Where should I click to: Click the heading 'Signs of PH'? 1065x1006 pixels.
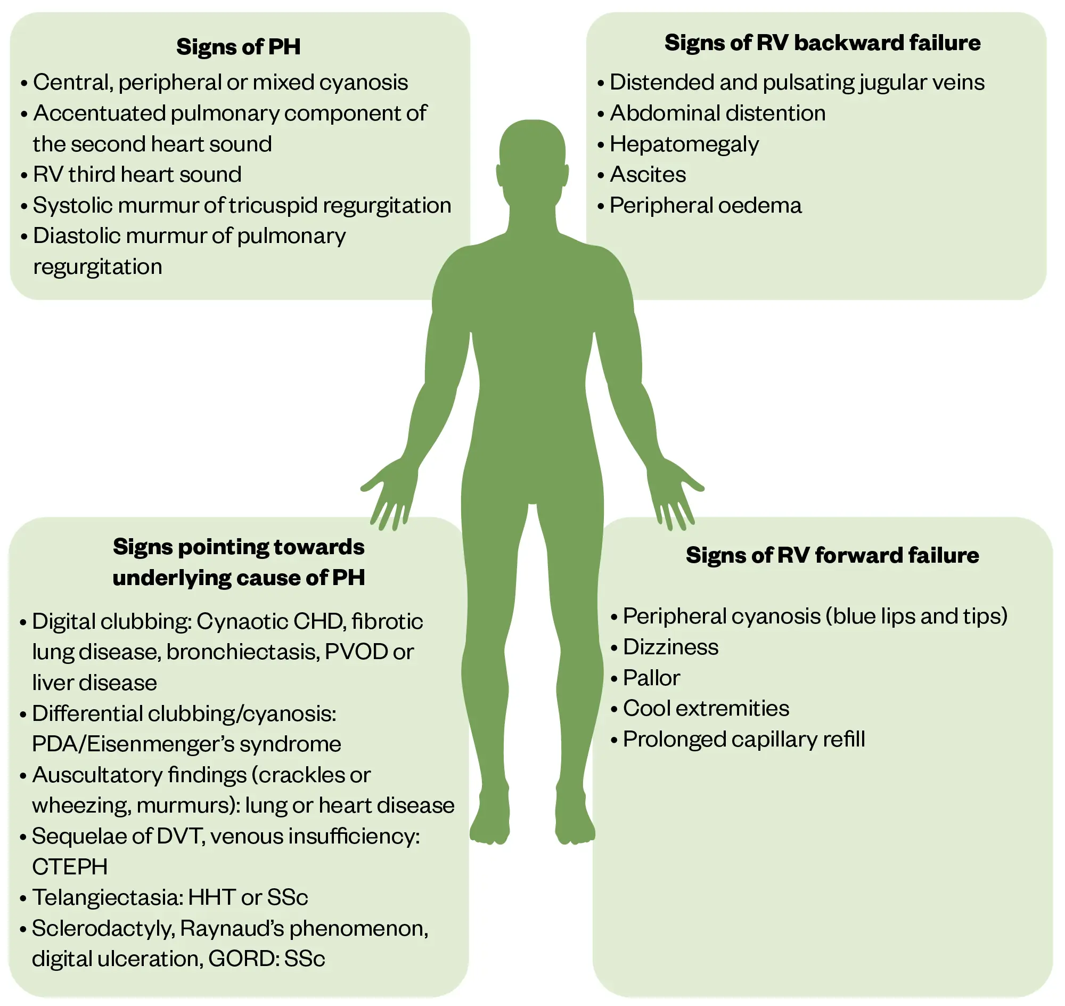238,47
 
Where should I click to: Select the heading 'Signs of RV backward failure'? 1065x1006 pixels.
822,43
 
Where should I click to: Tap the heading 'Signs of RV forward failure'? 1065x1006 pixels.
832,556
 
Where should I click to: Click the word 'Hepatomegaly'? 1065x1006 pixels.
684,144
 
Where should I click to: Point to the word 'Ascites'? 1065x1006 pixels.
648,175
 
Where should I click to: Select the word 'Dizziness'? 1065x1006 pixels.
670,647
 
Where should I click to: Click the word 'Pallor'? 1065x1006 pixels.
651,678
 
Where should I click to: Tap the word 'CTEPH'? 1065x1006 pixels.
70,867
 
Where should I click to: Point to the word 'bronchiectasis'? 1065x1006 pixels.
243,652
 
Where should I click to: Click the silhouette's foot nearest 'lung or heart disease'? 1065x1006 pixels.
489,821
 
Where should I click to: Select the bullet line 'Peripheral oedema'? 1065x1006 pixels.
705,206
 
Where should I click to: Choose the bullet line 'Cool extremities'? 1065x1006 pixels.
706,709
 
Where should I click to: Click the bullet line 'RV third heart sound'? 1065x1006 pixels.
137,175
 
